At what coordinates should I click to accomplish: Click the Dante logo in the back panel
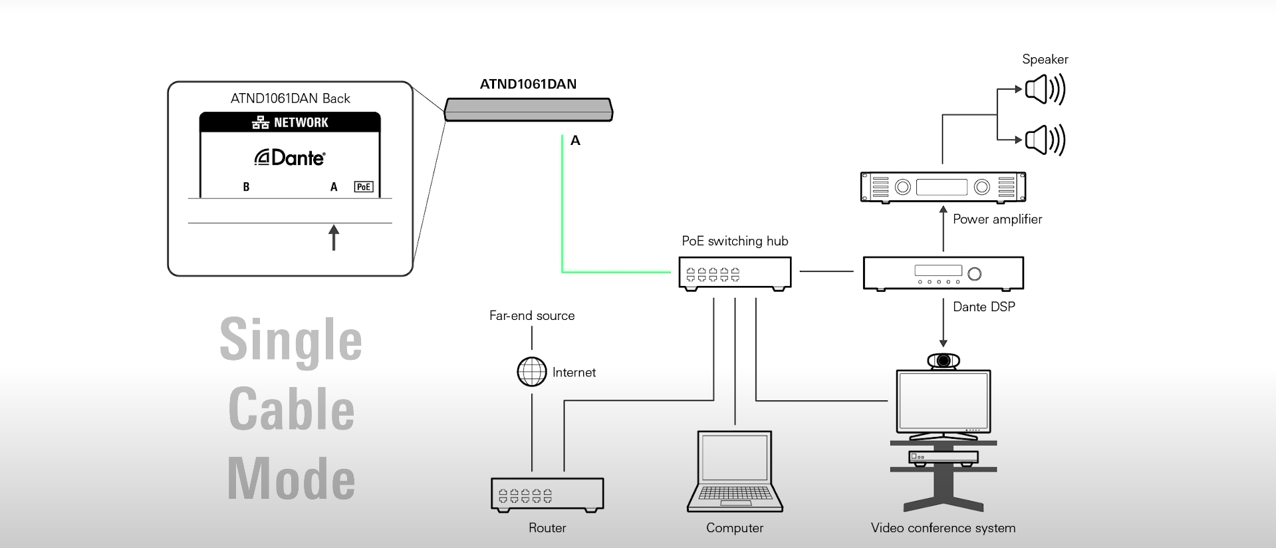click(x=290, y=158)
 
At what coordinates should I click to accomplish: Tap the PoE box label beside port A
click(x=364, y=187)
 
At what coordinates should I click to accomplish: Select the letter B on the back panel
click(x=246, y=187)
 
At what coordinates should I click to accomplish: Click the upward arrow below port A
click(x=334, y=237)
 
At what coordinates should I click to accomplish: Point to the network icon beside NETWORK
click(x=261, y=122)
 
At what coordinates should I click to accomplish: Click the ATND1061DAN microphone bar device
click(x=529, y=110)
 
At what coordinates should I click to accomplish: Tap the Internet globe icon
click(x=532, y=372)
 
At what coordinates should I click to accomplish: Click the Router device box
click(x=547, y=495)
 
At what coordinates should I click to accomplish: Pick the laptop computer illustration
click(x=735, y=471)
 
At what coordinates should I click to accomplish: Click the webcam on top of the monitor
click(x=944, y=360)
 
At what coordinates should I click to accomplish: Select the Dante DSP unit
click(x=943, y=273)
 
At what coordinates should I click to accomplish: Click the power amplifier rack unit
click(x=943, y=186)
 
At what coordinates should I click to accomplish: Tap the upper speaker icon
click(x=1045, y=89)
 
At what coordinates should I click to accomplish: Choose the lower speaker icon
click(x=1045, y=140)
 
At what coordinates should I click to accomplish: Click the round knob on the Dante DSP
click(x=975, y=273)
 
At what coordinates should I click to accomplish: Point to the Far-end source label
click(x=532, y=316)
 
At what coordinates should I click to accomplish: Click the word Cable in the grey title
click(x=291, y=409)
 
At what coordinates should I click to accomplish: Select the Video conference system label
click(x=943, y=528)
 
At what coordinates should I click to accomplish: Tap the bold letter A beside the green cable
click(x=575, y=140)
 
